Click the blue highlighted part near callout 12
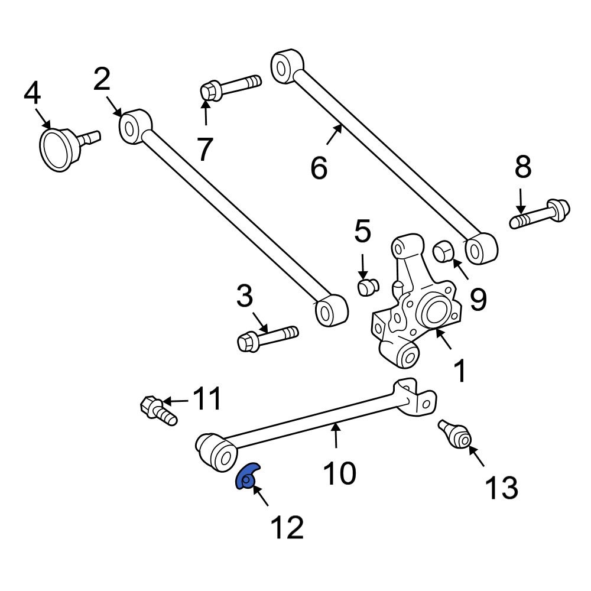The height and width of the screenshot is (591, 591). pos(247,476)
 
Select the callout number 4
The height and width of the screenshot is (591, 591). pos(32,93)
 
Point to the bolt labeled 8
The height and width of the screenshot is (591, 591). pos(541,213)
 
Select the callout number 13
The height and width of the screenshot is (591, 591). pos(501,488)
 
